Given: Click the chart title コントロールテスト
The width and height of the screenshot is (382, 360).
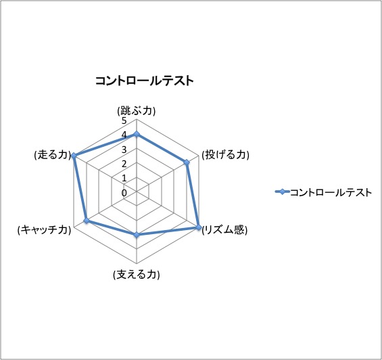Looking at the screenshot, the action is tap(145, 81).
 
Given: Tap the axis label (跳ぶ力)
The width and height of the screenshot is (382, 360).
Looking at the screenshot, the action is tap(137, 111).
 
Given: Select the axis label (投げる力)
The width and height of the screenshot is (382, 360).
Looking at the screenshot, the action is tap(226, 155).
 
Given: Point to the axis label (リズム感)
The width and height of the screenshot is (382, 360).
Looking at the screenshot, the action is tap(225, 229).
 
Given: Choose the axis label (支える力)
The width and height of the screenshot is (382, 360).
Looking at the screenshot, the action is tap(137, 275).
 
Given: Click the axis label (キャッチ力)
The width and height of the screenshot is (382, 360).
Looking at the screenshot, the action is tap(45, 230).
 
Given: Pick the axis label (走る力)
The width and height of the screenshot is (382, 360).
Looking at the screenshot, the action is tap(52, 155).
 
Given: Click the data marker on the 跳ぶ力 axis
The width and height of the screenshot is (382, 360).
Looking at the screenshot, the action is tap(137, 135).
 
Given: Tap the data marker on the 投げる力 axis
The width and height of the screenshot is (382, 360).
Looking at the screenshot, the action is tap(187, 162).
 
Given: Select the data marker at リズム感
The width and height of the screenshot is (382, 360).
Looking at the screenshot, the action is tap(199, 227).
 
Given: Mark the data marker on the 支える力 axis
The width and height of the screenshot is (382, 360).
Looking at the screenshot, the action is tap(137, 235).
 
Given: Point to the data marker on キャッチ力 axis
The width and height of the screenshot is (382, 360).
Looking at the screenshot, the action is tap(87, 221).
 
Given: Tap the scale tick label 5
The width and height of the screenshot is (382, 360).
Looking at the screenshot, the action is tap(124, 120).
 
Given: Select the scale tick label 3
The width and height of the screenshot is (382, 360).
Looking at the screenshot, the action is tap(124, 150).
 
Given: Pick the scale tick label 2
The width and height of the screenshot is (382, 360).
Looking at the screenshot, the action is tap(124, 164).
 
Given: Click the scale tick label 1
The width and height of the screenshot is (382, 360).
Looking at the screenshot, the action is tap(124, 178).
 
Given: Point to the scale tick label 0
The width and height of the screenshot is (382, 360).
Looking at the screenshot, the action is tap(124, 193).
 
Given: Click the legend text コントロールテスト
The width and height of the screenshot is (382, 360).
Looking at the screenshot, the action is tap(331, 192).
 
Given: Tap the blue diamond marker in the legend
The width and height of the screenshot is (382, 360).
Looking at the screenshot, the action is tap(282, 192).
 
